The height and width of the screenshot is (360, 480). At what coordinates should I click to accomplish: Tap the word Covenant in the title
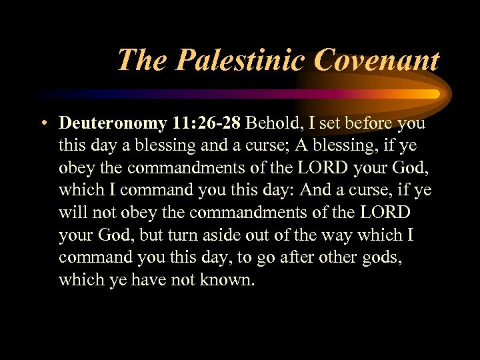[x=377, y=61]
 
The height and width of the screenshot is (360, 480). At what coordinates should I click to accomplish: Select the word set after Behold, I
[x=329, y=124]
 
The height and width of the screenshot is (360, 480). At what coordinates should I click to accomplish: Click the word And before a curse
[x=316, y=190]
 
